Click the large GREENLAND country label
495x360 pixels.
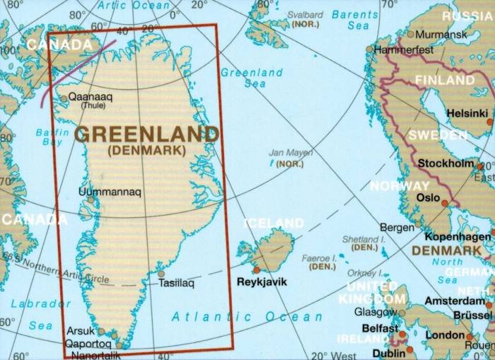pyautogui.click(x=146, y=133)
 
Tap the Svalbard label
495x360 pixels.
pyautogui.click(x=305, y=15)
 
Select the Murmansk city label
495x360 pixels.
pyautogui.click(x=441, y=34)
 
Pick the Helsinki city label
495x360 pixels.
pyautogui.click(x=467, y=113)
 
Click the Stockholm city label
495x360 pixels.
pyautogui.click(x=445, y=163)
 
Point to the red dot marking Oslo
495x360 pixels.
pyautogui.click(x=444, y=203)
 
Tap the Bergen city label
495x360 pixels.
pyautogui.click(x=397, y=228)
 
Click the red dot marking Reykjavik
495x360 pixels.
pyautogui.click(x=256, y=269)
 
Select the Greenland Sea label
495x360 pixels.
pyautogui.click(x=252, y=78)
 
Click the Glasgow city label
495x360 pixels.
pyautogui.click(x=375, y=311)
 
